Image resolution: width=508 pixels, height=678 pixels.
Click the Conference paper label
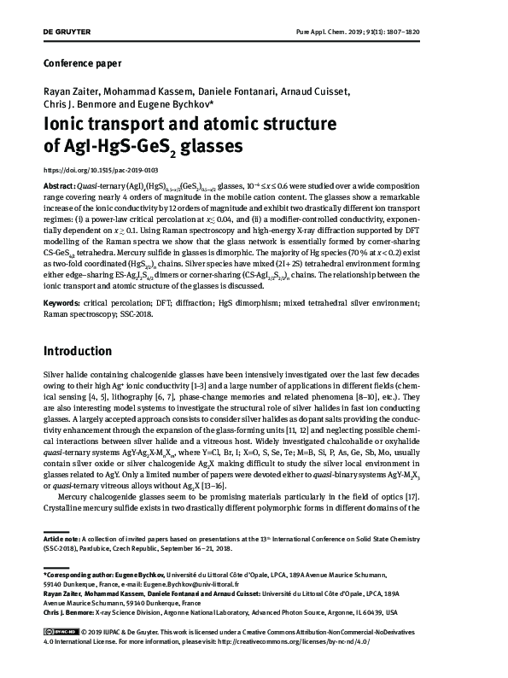[x=82, y=62]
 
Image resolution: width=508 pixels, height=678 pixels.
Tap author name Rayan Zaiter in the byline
[x=69, y=91]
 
